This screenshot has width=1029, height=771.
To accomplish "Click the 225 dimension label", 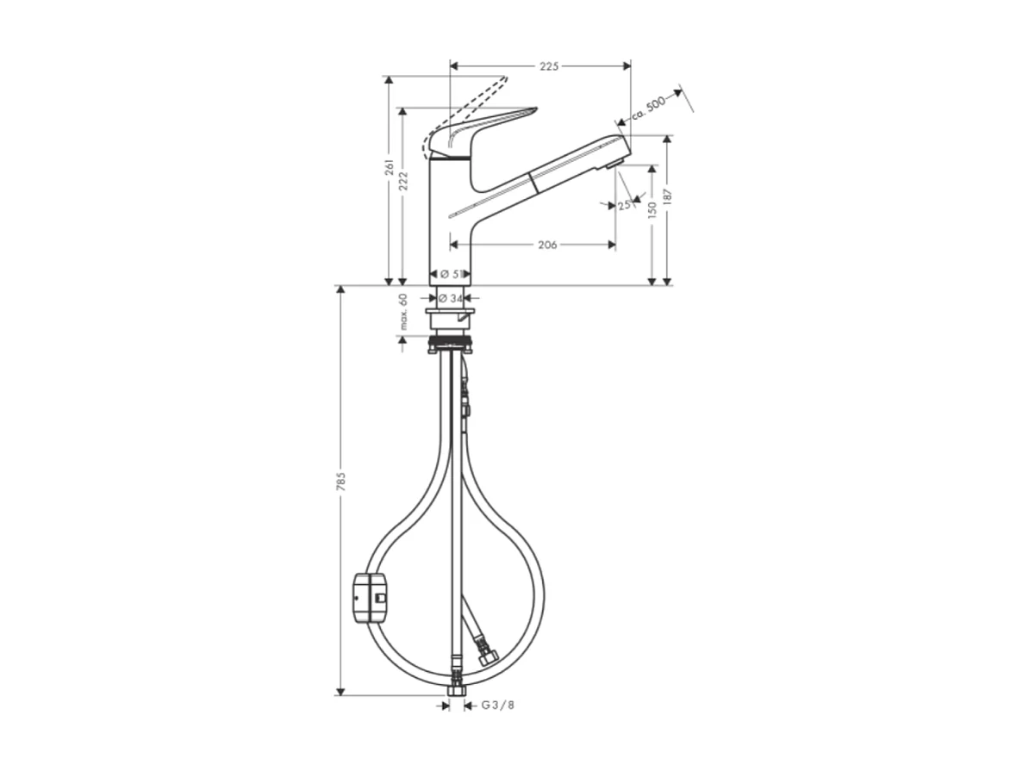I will (x=550, y=66).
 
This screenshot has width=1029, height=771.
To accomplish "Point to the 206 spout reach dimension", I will (x=546, y=246).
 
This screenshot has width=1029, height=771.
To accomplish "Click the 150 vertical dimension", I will (x=652, y=208).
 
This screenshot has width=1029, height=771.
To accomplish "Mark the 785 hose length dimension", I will (x=341, y=482).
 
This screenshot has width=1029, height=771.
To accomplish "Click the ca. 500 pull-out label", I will (x=647, y=106).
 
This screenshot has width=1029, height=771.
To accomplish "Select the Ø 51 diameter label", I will (x=450, y=274).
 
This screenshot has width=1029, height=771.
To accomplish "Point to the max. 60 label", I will (x=402, y=312).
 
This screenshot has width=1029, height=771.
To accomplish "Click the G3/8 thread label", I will (x=498, y=706).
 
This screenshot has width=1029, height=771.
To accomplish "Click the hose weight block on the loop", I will (x=371, y=594).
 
